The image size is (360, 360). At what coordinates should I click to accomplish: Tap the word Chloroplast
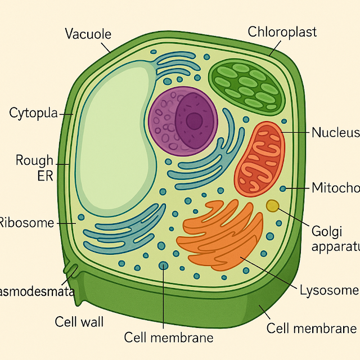click(282, 31)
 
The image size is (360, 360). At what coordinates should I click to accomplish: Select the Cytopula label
click(34, 113)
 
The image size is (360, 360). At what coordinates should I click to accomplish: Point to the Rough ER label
click(35, 168)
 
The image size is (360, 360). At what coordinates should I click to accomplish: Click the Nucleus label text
click(335, 133)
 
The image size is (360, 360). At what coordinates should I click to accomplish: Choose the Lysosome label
click(328, 290)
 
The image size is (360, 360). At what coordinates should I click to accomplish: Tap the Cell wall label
click(79, 322)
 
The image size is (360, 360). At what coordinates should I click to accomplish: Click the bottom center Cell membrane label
click(169, 337)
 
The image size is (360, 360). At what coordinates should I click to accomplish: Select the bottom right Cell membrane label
click(311, 328)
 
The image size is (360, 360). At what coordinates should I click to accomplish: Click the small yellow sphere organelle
click(273, 205)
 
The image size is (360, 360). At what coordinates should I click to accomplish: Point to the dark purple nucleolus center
click(194, 120)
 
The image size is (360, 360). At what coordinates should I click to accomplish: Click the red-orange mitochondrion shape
click(260, 159)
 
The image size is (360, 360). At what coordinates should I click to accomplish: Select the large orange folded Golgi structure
click(222, 233)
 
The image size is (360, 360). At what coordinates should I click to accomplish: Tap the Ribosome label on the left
click(26, 223)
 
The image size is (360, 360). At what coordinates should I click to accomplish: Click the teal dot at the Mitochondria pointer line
click(283, 188)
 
